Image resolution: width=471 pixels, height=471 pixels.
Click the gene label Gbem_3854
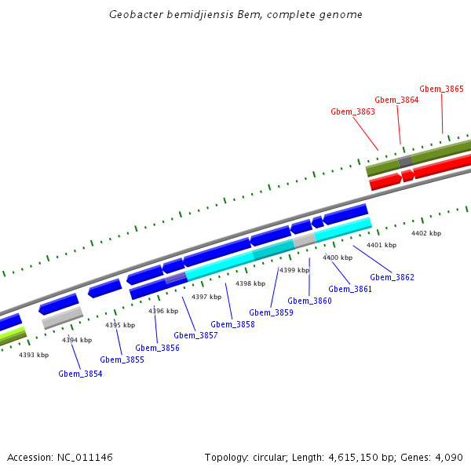[80, 374]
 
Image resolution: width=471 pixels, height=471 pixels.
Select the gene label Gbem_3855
[122, 360]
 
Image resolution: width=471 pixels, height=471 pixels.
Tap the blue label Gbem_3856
[157, 348]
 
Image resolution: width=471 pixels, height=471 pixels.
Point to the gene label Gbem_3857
[195, 335]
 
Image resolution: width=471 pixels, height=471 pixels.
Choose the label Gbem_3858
[232, 324]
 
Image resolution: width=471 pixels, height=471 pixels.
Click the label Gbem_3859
[271, 312]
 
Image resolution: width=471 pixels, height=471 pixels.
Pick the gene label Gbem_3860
[309, 301]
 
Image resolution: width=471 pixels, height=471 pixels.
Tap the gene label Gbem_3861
[350, 289]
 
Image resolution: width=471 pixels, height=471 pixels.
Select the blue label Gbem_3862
[392, 277]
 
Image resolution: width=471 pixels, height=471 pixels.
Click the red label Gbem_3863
[352, 111]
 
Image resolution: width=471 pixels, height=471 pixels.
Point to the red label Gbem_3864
[396, 100]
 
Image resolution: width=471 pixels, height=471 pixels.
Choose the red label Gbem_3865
[441, 89]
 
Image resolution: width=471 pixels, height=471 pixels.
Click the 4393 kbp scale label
[34, 355]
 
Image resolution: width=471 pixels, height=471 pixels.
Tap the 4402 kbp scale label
[426, 233]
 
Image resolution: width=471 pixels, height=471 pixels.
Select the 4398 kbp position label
[250, 283]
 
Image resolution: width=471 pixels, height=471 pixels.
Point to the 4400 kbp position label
[338, 257]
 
